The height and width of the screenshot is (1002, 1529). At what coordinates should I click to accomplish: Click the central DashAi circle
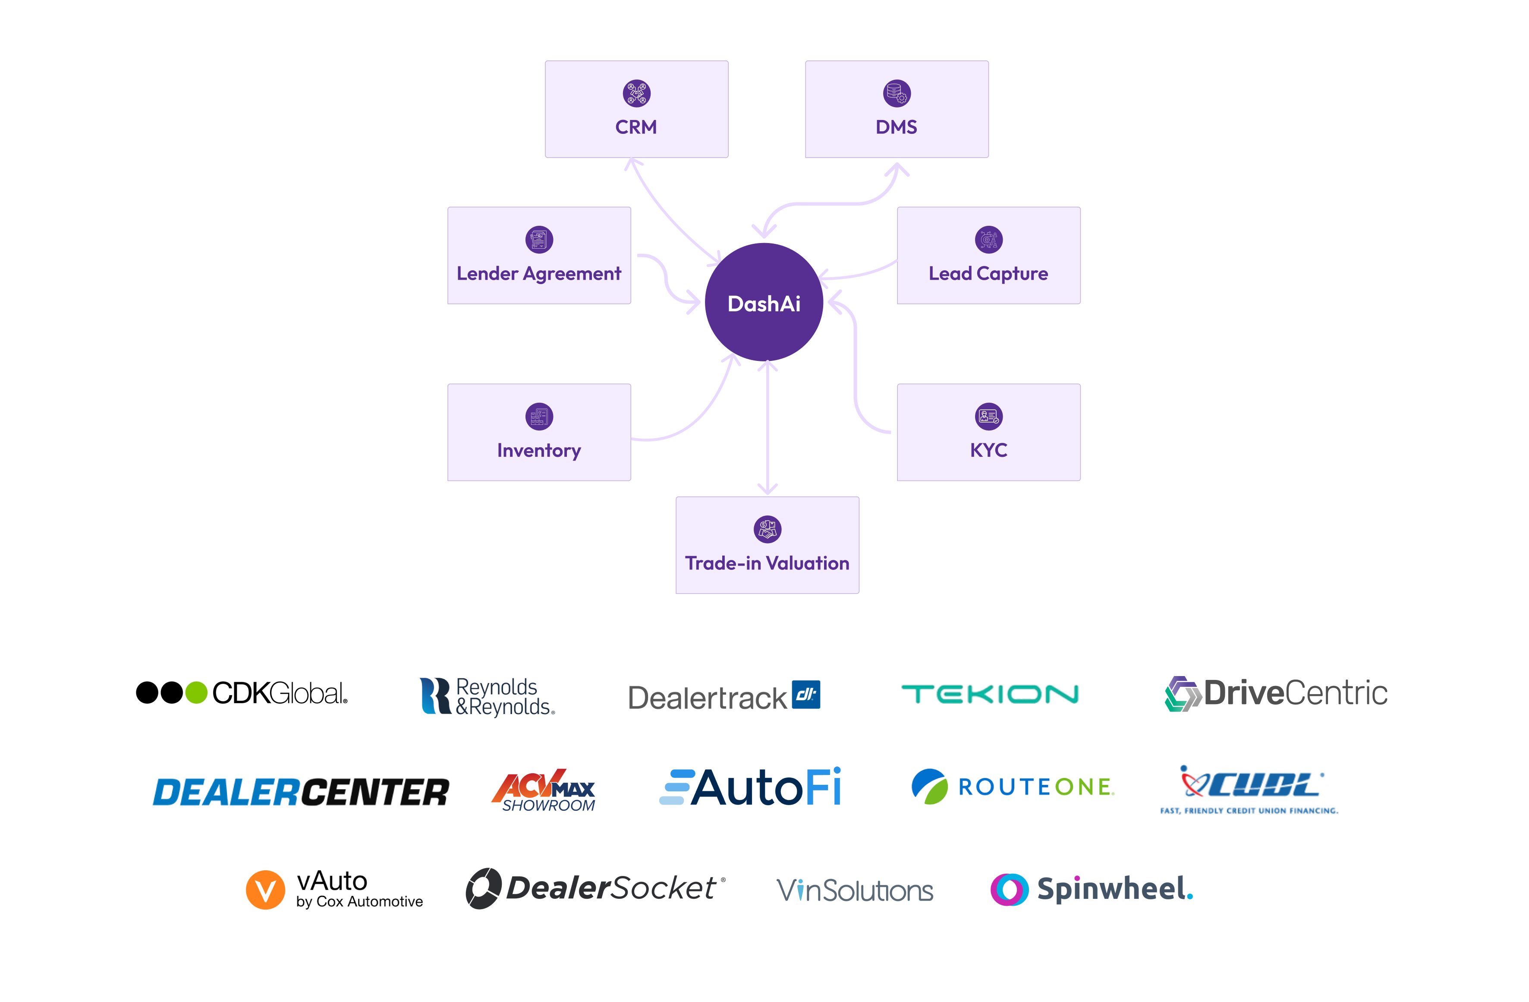[764, 302]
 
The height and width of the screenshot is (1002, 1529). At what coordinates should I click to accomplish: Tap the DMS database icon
[897, 93]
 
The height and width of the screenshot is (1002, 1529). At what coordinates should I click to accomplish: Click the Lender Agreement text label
[539, 274]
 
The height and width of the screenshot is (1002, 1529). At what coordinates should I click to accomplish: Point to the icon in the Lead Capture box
[989, 240]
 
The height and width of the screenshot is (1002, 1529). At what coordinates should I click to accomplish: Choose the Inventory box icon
[539, 417]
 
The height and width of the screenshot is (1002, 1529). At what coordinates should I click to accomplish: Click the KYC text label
[989, 450]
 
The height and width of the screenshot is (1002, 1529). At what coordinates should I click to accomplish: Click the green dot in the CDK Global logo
[196, 693]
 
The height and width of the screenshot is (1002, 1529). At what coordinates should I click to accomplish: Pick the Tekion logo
[990, 694]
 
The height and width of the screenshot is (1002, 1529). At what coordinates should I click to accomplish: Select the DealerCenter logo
[301, 792]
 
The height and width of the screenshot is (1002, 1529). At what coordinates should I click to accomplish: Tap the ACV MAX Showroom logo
[544, 790]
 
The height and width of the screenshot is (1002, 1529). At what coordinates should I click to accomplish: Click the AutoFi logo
[750, 787]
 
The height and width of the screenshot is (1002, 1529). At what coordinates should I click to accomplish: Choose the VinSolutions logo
[854, 891]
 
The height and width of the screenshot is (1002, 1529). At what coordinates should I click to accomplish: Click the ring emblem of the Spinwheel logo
[1009, 889]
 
